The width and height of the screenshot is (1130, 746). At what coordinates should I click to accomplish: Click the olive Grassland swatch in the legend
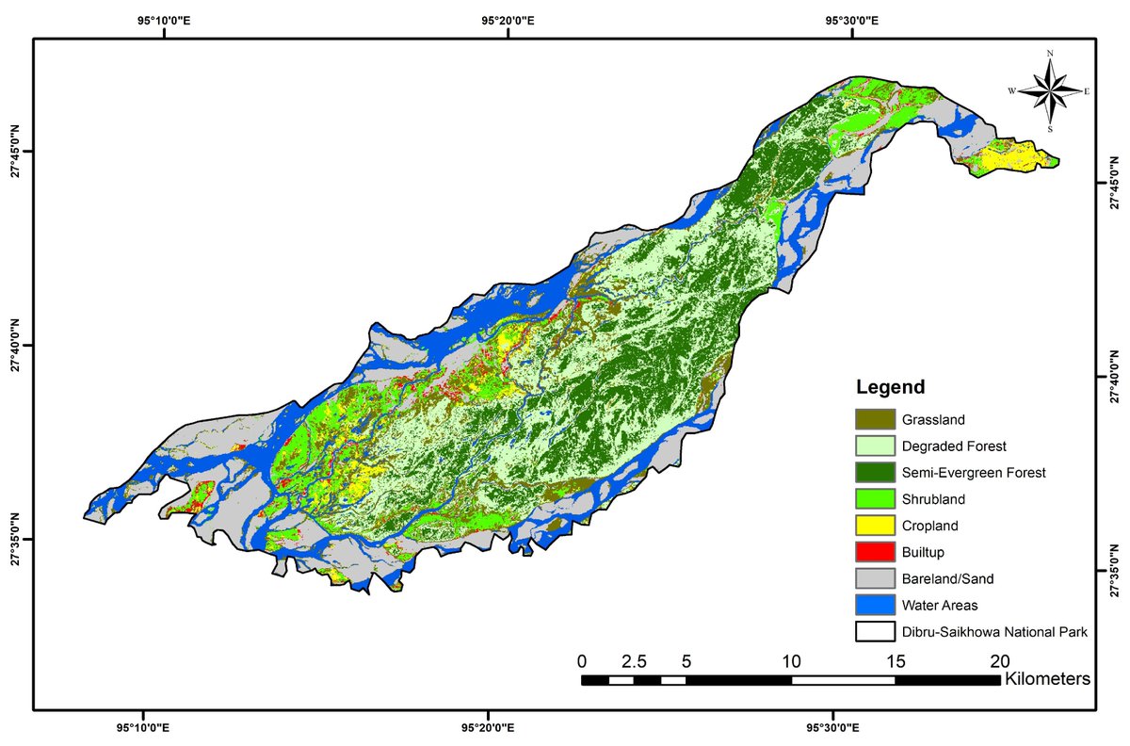tap(875, 419)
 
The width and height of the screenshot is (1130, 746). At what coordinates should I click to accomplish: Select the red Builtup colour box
tap(875, 552)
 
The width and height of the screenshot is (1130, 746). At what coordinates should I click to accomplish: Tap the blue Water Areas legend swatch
tap(875, 606)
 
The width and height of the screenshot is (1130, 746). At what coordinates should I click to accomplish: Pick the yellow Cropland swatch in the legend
tap(875, 526)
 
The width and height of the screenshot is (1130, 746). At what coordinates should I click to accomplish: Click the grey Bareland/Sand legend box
tap(875, 579)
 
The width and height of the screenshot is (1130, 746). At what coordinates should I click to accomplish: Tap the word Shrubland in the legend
tap(933, 498)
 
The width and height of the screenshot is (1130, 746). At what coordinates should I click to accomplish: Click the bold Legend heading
tap(890, 387)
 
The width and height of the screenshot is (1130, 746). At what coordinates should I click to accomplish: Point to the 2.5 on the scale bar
tap(635, 659)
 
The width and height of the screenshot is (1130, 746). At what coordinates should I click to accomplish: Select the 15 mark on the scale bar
tap(896, 659)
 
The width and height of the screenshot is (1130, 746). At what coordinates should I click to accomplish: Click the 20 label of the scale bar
tap(999, 659)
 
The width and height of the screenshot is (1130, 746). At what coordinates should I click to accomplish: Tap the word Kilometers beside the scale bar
tap(1048, 678)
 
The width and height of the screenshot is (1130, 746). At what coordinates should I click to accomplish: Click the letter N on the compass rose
tap(1050, 54)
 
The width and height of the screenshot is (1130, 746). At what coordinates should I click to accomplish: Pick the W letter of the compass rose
tap(1012, 91)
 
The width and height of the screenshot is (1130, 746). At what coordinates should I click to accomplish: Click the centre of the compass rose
tap(1050, 91)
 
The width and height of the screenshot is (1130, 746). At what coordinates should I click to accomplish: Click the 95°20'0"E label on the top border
tap(508, 21)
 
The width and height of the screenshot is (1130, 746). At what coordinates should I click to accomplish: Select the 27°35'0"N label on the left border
tap(16, 540)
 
